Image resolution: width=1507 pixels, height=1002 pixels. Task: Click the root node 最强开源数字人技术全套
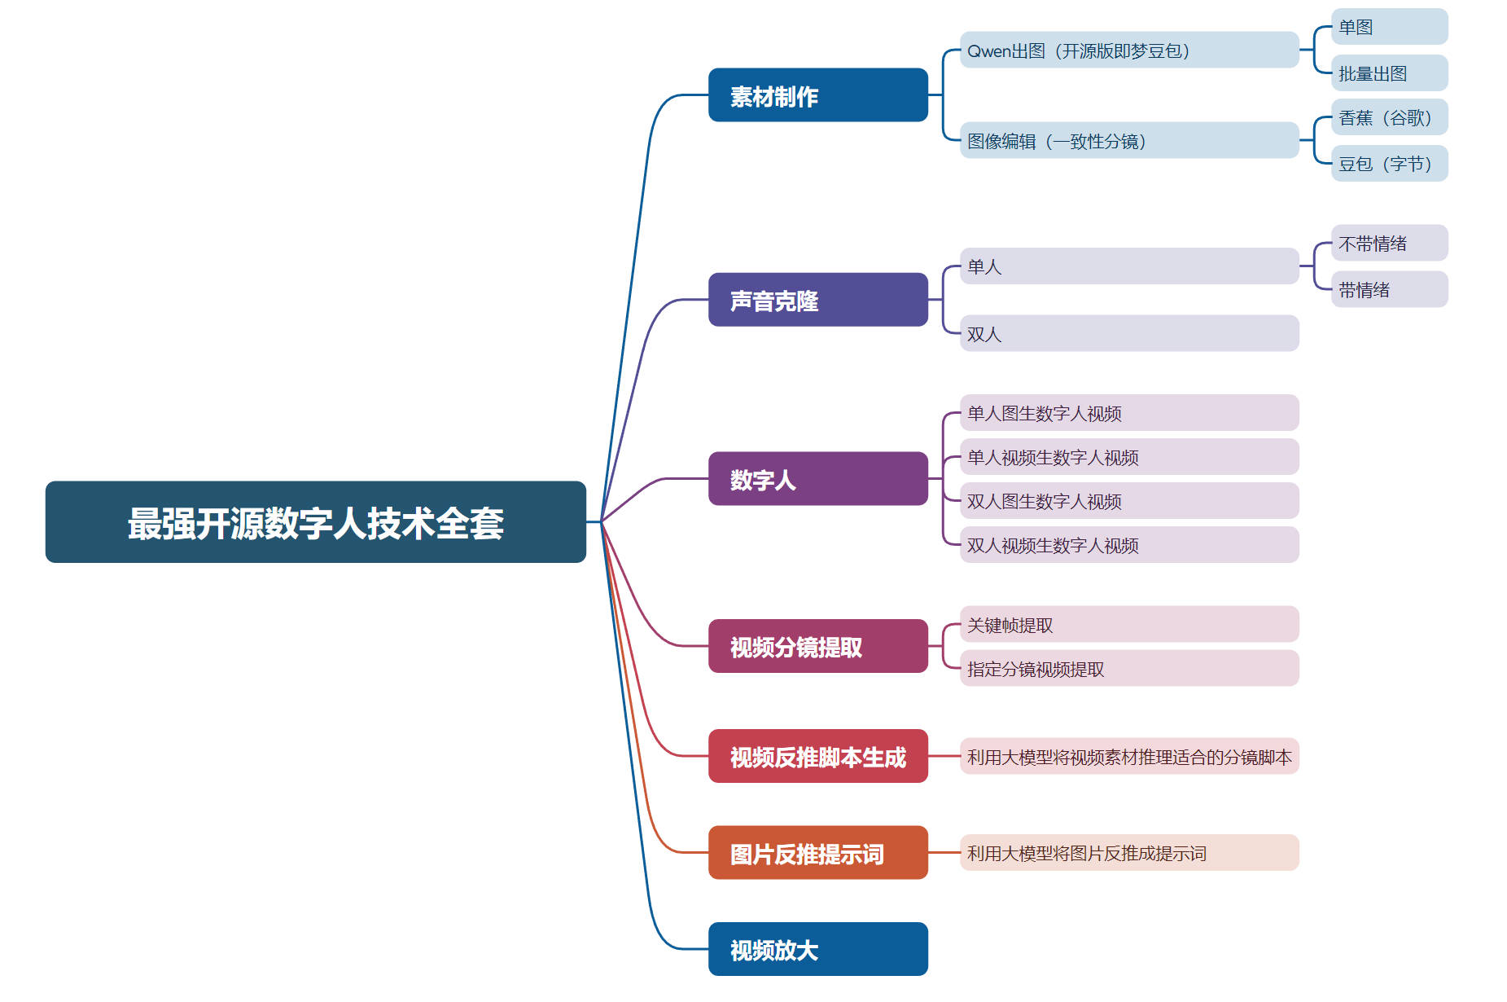click(315, 522)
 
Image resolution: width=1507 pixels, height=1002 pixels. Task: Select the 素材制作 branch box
click(817, 95)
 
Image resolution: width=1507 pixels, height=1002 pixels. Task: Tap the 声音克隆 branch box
click(817, 300)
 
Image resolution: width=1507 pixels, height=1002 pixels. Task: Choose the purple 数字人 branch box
click(817, 479)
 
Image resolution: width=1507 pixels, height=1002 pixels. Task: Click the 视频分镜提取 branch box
click(817, 646)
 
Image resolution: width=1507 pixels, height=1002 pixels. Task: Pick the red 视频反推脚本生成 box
click(817, 756)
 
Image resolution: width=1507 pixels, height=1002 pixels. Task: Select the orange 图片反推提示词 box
click(817, 853)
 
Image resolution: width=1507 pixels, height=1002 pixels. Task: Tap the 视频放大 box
click(817, 949)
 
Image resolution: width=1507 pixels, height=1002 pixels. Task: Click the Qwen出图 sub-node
click(1128, 51)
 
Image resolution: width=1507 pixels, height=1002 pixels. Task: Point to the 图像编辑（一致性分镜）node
click(1128, 141)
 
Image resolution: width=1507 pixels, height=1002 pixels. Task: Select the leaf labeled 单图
click(1389, 27)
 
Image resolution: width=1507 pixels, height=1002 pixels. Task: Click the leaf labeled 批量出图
click(1389, 73)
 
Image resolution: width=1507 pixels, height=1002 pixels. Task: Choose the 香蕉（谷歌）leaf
click(1389, 117)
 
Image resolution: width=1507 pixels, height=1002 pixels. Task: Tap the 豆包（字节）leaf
click(1389, 164)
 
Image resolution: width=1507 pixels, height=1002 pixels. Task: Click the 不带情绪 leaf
click(1389, 243)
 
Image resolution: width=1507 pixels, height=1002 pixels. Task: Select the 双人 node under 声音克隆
click(1128, 333)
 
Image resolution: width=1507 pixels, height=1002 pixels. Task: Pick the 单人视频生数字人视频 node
click(1128, 457)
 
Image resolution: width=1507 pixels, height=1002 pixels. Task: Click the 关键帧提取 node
click(1128, 625)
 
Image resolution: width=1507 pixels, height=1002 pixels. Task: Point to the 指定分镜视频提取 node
click(1128, 669)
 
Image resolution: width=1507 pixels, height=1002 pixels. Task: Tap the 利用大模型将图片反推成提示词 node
click(1128, 853)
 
